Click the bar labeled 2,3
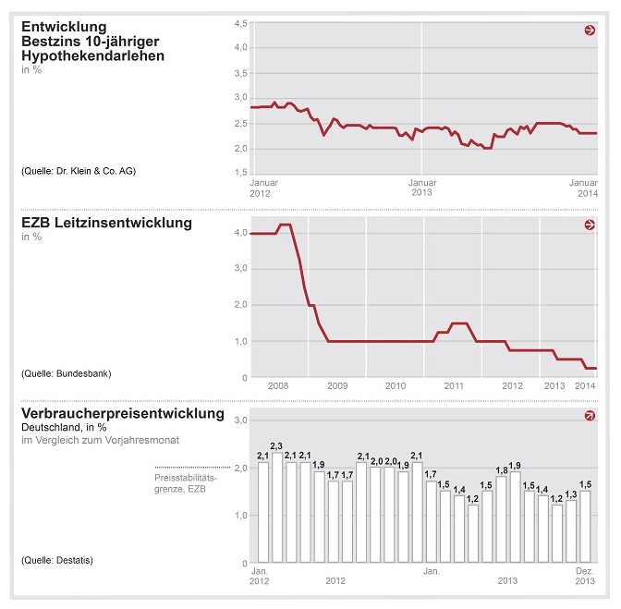pos(277,507)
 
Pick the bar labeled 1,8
pos(501,518)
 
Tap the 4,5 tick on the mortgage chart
pos(239,22)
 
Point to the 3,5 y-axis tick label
pos(239,72)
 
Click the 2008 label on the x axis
pos(279,385)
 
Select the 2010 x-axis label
pos(396,385)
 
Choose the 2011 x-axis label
pos(453,385)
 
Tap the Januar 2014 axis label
pos(581,188)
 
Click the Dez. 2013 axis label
pos(584,576)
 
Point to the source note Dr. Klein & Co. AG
pos(78,171)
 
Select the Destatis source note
pos(56,560)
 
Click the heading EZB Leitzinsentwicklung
pos(106,223)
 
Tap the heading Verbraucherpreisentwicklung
pos(123,414)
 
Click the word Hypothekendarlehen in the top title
pos(93,55)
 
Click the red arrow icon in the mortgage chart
pos(590,30)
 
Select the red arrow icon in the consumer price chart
pos(590,417)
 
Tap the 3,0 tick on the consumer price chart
pos(239,420)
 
